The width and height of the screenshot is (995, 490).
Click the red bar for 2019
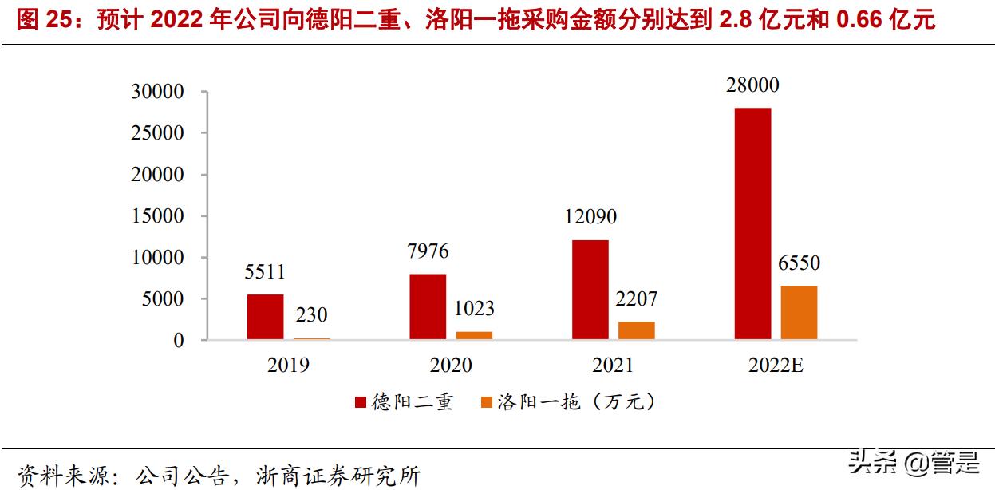point(265,317)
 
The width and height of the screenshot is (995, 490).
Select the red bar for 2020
point(428,306)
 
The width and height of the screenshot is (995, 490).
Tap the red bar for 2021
point(590,290)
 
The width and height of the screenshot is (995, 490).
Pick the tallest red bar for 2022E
point(752,223)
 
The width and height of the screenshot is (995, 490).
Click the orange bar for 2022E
point(799,313)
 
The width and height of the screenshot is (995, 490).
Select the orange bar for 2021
point(637,330)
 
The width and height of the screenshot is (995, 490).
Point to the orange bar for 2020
point(474,335)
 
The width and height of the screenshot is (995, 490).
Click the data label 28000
point(752,85)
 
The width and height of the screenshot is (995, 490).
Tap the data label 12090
point(590,216)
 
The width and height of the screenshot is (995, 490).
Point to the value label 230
point(311,315)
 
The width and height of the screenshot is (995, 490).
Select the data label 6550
point(799,263)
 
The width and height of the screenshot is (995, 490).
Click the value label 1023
point(474,308)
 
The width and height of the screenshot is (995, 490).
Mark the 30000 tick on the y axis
point(157,92)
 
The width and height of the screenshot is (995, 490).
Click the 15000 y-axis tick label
point(157,216)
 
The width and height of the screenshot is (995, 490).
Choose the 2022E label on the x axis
point(776,366)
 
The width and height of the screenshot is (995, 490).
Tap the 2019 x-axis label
point(288,366)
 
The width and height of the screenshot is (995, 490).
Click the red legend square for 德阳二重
point(360,402)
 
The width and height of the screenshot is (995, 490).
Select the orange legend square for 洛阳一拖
point(486,402)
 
